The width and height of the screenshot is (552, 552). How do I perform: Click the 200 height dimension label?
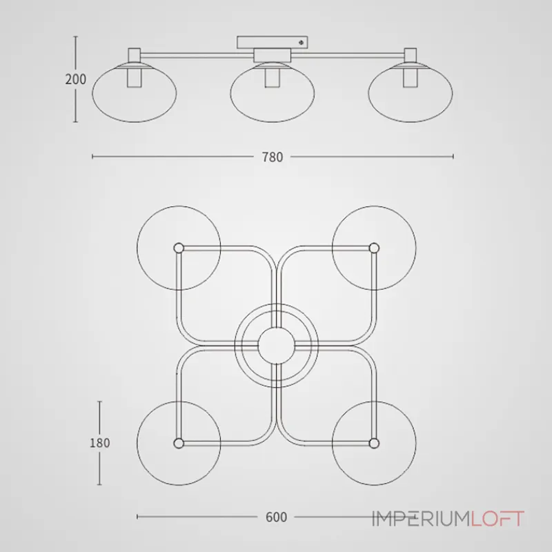tap(76, 79)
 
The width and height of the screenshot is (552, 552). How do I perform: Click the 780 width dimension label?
tap(273, 157)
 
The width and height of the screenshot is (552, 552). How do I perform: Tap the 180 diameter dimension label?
tap(100, 443)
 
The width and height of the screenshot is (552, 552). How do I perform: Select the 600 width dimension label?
tap(277, 517)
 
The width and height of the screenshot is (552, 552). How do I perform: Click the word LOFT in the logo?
tap(497, 519)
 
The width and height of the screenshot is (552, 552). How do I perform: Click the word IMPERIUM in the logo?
tap(422, 519)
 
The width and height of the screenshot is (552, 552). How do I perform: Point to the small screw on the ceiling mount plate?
tap(301, 43)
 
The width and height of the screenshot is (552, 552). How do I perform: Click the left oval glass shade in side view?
tap(135, 93)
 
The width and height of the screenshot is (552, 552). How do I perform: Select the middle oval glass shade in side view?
tap(273, 93)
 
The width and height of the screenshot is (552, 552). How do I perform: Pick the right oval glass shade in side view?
tap(411, 93)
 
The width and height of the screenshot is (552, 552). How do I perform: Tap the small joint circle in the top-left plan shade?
tap(179, 248)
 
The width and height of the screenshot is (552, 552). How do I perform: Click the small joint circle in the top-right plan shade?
tap(374, 248)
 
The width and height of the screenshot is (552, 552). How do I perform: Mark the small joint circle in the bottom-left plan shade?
tap(179, 443)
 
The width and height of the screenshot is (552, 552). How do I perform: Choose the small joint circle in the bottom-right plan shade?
tap(374, 443)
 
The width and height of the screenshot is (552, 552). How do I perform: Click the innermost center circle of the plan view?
tap(277, 346)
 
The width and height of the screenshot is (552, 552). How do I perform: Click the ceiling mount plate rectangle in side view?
tap(273, 42)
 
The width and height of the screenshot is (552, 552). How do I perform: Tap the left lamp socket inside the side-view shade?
tap(135, 78)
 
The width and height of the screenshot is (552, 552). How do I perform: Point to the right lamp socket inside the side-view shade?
tap(410, 78)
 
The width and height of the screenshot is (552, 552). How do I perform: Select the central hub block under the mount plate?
tap(273, 56)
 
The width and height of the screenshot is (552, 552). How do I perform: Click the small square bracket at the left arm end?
tap(134, 55)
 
